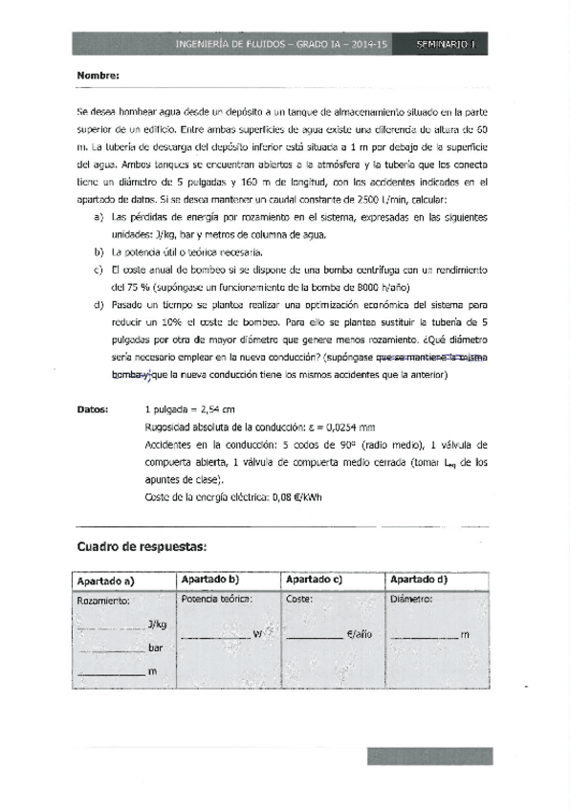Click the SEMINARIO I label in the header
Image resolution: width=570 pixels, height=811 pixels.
(453, 45)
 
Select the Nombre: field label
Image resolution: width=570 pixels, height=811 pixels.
(98, 76)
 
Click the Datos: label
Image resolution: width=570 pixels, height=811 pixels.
(95, 408)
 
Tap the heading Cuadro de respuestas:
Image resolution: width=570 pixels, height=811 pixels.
(141, 547)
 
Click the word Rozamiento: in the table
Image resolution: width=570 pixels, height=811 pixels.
(102, 602)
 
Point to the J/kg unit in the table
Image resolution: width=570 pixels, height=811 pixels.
(158, 625)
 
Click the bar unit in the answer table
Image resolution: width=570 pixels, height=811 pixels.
(156, 648)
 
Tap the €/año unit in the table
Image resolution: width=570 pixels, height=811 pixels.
(359, 633)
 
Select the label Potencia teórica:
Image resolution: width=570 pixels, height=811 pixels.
(216, 600)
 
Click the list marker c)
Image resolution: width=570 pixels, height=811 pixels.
(99, 271)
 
